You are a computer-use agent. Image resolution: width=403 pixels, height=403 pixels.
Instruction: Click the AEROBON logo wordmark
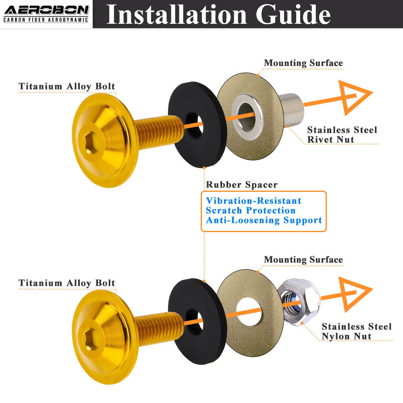click(46, 10)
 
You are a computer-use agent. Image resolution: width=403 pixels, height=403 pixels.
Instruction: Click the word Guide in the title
click(293, 15)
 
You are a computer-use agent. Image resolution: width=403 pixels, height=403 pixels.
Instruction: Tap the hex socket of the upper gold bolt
click(91, 144)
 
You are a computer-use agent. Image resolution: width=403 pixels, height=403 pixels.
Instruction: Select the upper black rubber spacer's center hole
click(194, 125)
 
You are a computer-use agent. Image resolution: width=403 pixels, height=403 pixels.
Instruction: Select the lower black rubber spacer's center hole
click(194, 322)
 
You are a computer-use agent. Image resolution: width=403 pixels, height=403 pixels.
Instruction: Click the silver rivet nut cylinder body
click(291, 110)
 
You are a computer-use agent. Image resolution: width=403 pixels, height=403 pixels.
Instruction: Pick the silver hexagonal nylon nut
click(299, 302)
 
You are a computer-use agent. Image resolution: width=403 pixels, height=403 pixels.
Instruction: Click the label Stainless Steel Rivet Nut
click(342, 135)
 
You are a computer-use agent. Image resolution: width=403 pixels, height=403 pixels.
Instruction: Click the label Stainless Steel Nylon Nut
click(357, 331)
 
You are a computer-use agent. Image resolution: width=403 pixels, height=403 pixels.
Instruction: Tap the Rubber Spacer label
click(242, 185)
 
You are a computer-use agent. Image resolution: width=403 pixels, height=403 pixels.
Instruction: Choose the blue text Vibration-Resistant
click(253, 201)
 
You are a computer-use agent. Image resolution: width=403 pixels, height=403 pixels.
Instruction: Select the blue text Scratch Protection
click(251, 210)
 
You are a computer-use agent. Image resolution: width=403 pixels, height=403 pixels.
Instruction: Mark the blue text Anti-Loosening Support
click(264, 220)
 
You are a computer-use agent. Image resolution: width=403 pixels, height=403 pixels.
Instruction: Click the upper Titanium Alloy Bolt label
click(67, 86)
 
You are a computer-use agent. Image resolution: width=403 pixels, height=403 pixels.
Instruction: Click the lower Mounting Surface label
click(303, 260)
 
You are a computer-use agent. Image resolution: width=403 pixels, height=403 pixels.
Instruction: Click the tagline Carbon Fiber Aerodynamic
click(46, 20)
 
